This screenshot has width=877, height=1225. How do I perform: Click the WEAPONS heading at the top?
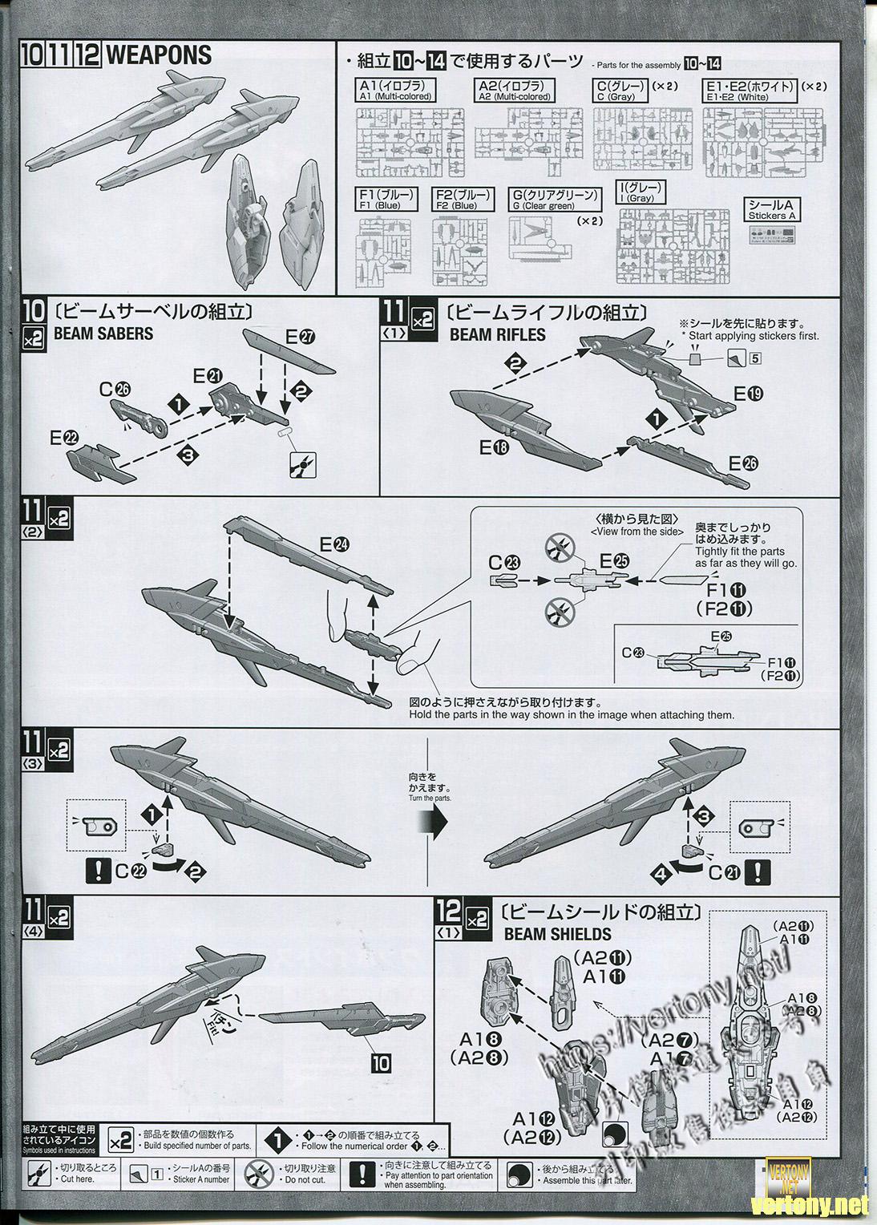[x=158, y=55]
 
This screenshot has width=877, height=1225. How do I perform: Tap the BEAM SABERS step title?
[x=115, y=334]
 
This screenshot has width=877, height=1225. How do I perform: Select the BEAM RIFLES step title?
[x=497, y=334]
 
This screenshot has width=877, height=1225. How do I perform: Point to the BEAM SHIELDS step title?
[x=557, y=934]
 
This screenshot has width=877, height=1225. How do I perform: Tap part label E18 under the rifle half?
[x=494, y=449]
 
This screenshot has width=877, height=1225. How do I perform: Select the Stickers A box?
[x=772, y=209]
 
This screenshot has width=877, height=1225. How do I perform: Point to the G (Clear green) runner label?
[x=554, y=200]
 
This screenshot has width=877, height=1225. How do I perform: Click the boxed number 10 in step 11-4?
[x=381, y=1063]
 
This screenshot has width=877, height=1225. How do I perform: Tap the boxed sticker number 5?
[x=755, y=358]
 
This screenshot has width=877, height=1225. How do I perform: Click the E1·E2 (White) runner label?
[x=750, y=91]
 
